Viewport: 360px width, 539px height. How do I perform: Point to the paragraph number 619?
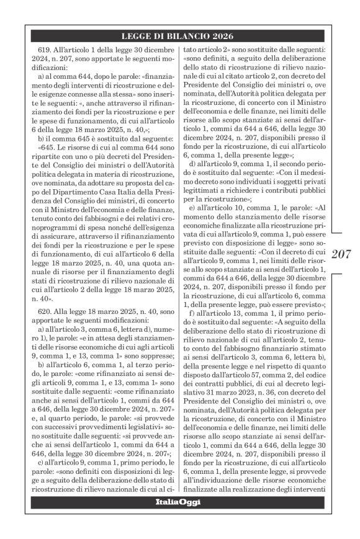(48, 49)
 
